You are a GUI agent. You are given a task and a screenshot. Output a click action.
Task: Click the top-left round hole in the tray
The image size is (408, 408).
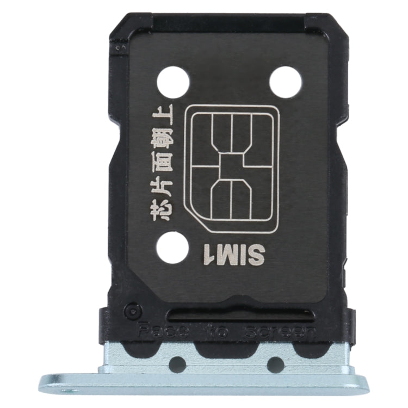(173, 82)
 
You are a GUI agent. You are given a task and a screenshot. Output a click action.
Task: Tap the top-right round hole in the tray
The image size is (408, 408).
(285, 82)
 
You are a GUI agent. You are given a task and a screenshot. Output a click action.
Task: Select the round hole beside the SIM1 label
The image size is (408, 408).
(172, 247)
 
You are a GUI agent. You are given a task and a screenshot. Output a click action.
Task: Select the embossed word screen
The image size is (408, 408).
(280, 331)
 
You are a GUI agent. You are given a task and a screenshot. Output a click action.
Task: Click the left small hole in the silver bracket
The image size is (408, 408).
(177, 364)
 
